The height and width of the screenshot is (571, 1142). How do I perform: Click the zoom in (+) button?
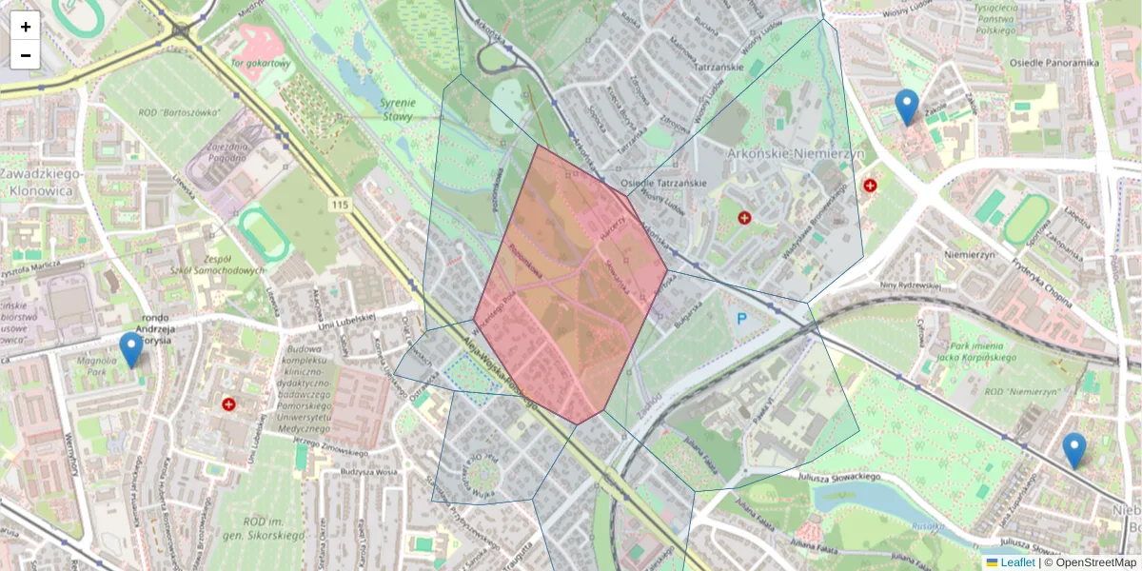[25, 27]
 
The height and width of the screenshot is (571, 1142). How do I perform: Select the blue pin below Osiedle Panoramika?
[907, 108]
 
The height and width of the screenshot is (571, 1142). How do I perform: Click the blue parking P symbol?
[742, 319]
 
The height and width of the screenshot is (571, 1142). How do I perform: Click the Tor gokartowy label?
[259, 64]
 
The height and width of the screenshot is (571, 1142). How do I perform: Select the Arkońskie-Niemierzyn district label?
[796, 152]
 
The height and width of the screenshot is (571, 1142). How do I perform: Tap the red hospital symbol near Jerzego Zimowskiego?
[228, 404]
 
